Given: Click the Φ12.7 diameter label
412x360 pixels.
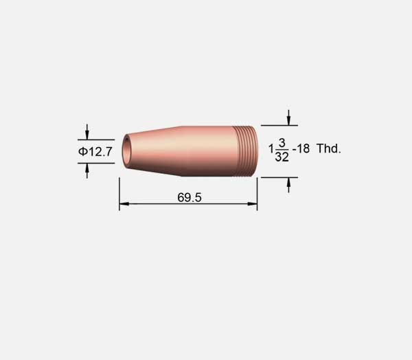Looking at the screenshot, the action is pyautogui.click(x=95, y=152).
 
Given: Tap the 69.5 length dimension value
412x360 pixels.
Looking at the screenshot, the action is pyautogui.click(x=190, y=197).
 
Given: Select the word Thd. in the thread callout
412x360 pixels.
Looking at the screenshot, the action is pyautogui.click(x=329, y=148).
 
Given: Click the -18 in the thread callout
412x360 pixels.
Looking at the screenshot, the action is pyautogui.click(x=301, y=149).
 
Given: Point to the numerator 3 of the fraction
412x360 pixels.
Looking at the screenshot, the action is pyautogui.click(x=282, y=143).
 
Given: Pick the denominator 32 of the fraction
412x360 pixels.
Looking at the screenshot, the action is pyautogui.click(x=282, y=157).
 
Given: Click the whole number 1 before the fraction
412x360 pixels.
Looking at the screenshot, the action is pyautogui.click(x=271, y=148).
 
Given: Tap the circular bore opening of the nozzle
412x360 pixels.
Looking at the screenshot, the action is pyautogui.click(x=126, y=150).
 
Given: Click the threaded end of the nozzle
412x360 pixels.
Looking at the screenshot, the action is pyautogui.click(x=245, y=151).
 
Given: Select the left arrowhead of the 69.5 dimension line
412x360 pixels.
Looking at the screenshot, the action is pyautogui.click(x=124, y=203).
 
